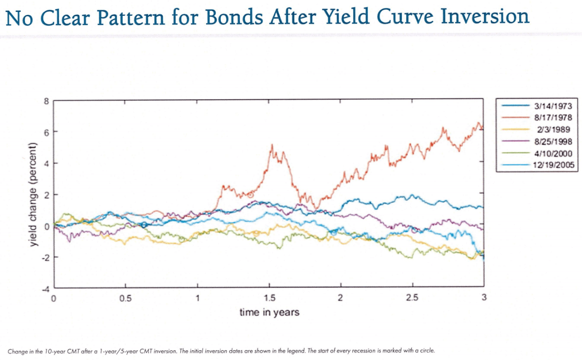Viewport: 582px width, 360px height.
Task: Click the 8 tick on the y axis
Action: pos(47,101)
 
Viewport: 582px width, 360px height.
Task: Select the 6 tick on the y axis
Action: pos(47,133)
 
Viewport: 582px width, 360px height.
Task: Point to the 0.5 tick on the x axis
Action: pos(126,298)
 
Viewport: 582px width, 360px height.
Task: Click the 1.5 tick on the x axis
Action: pos(269,298)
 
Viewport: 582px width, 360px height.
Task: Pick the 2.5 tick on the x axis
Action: pos(412,298)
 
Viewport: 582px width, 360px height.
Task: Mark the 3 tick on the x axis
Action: pos(484,298)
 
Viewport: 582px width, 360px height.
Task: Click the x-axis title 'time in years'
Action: pos(269,312)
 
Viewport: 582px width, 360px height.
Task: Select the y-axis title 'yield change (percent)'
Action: pos(34,194)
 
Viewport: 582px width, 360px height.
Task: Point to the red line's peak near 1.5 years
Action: pos(272,145)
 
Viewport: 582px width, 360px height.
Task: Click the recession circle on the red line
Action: pos(250,195)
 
